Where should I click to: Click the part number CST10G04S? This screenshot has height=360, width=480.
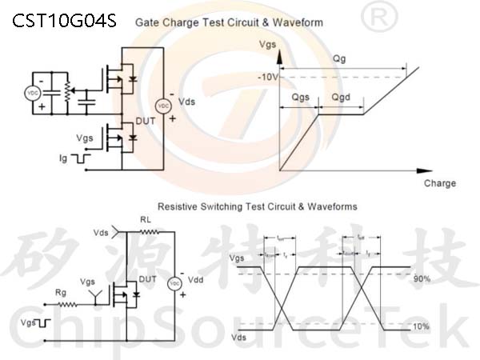point(64,21)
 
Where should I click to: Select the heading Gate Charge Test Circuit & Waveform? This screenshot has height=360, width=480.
point(229,22)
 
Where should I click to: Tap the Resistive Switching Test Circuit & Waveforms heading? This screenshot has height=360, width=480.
point(258,206)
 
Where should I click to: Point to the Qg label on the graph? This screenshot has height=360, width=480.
point(339,59)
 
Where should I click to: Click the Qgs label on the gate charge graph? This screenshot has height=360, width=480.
point(301,97)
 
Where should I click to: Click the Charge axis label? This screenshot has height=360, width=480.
point(440,183)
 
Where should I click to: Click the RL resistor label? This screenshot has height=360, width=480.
point(146,218)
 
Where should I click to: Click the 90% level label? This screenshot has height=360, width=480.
point(422,278)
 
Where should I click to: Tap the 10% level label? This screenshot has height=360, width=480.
point(422,326)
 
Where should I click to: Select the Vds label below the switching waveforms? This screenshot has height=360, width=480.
point(238,339)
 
